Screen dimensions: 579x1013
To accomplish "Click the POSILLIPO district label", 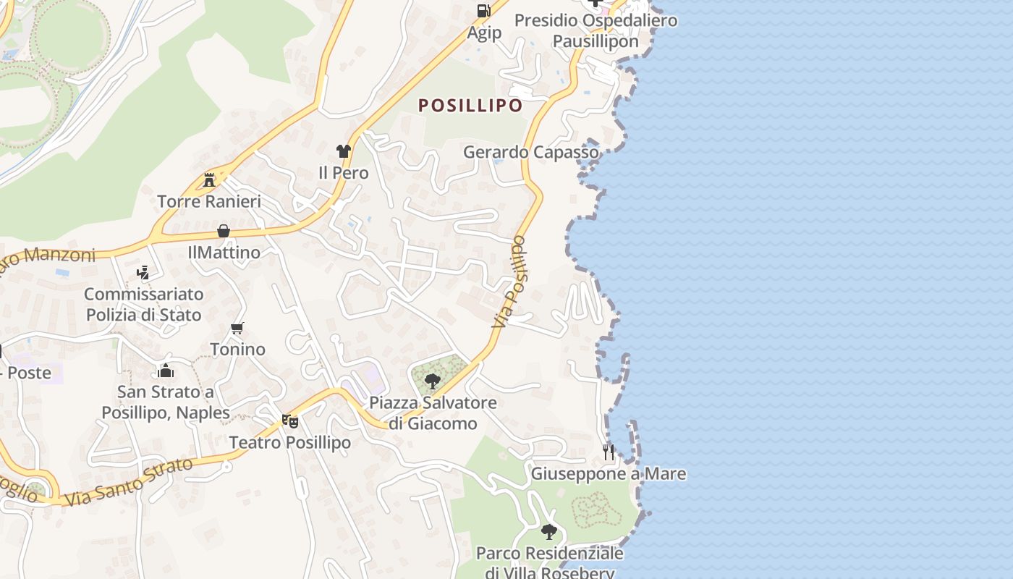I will click(x=470, y=106).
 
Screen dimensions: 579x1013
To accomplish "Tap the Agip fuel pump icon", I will click(x=483, y=11).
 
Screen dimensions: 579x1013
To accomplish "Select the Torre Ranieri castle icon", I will click(x=209, y=179).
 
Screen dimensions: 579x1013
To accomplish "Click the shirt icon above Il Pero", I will click(x=343, y=151).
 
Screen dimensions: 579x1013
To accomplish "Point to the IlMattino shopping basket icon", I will click(x=224, y=231).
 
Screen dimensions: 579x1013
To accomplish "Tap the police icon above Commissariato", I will click(x=143, y=273).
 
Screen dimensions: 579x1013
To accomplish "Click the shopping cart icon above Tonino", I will click(x=237, y=328).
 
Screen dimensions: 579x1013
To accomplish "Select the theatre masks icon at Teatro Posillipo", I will click(x=289, y=420).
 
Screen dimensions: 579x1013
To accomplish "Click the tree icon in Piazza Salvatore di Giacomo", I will click(x=433, y=381).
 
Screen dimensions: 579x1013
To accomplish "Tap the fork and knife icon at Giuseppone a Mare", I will click(x=609, y=452).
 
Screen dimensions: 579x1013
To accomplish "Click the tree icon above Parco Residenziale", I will click(x=549, y=532).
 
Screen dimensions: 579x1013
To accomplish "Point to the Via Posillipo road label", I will click(x=510, y=282).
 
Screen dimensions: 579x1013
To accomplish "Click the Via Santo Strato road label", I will click(x=129, y=481).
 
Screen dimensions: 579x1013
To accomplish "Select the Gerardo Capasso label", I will click(x=531, y=152).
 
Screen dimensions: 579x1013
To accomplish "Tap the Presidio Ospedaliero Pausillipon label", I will click(x=595, y=30).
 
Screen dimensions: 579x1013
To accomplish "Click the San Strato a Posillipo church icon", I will click(x=166, y=371).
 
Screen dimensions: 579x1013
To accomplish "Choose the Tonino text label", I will click(x=237, y=350).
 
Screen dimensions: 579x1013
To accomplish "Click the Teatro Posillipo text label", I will click(x=289, y=442).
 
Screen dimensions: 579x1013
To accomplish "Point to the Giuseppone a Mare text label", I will click(x=609, y=474).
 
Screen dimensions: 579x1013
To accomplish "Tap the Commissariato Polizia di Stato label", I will click(x=143, y=305).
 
